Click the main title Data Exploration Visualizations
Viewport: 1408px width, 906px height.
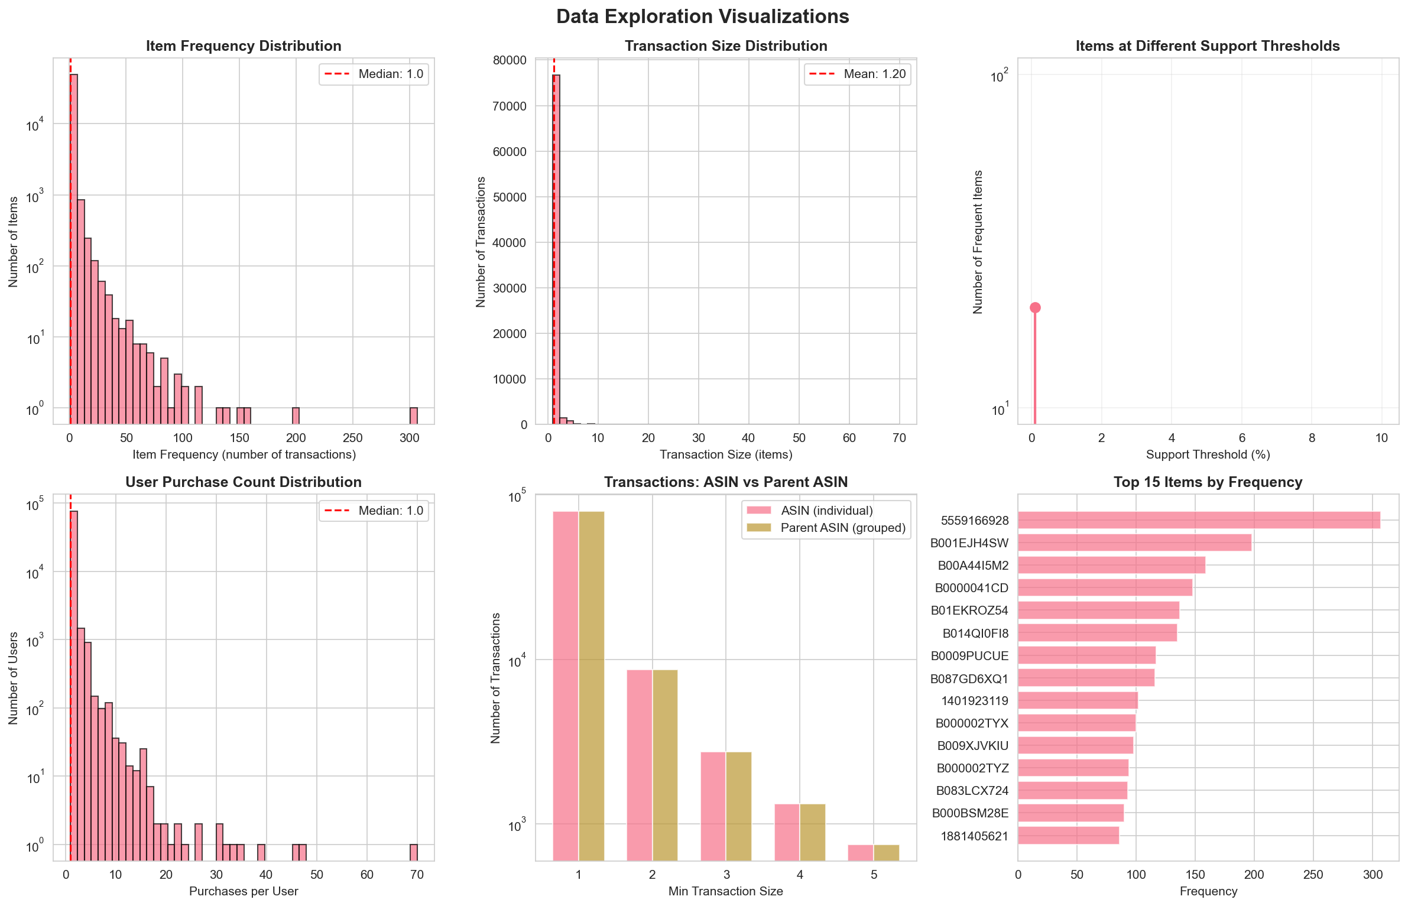702,17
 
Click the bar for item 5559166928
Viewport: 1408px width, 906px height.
1198,520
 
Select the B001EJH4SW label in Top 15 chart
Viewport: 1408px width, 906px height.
969,543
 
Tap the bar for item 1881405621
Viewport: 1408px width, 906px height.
1068,836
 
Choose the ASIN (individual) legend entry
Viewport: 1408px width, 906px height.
826,511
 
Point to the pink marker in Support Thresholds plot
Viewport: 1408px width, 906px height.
1035,307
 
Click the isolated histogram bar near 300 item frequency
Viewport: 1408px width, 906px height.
414,415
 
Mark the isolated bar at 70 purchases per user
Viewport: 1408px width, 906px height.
414,852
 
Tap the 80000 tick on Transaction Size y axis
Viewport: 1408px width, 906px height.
510,60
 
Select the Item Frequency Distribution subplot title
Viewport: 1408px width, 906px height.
244,46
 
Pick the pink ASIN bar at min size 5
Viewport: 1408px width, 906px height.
860,852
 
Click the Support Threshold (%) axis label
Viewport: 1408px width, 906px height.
1208,454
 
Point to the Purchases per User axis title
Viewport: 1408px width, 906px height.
244,891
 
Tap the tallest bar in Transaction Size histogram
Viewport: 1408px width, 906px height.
556,248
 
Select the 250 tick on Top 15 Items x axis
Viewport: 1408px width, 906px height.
1313,875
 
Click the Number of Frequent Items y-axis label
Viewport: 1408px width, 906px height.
978,242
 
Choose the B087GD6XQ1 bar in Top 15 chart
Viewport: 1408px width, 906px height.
1085,678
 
